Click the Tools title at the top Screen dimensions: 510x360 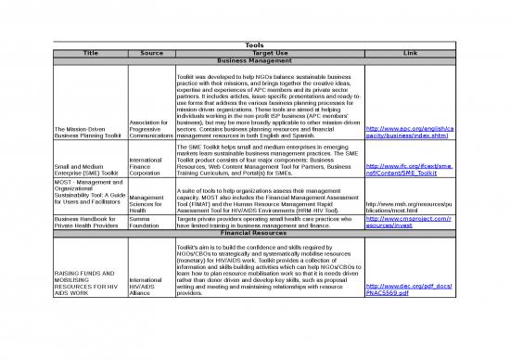[x=254, y=45]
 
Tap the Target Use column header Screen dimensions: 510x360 [x=270, y=53]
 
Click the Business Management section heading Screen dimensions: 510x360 [x=254, y=61]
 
